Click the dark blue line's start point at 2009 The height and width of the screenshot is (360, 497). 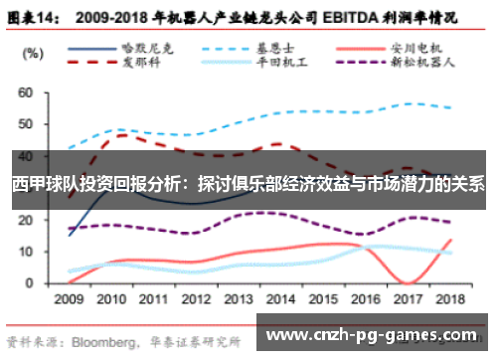69,235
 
